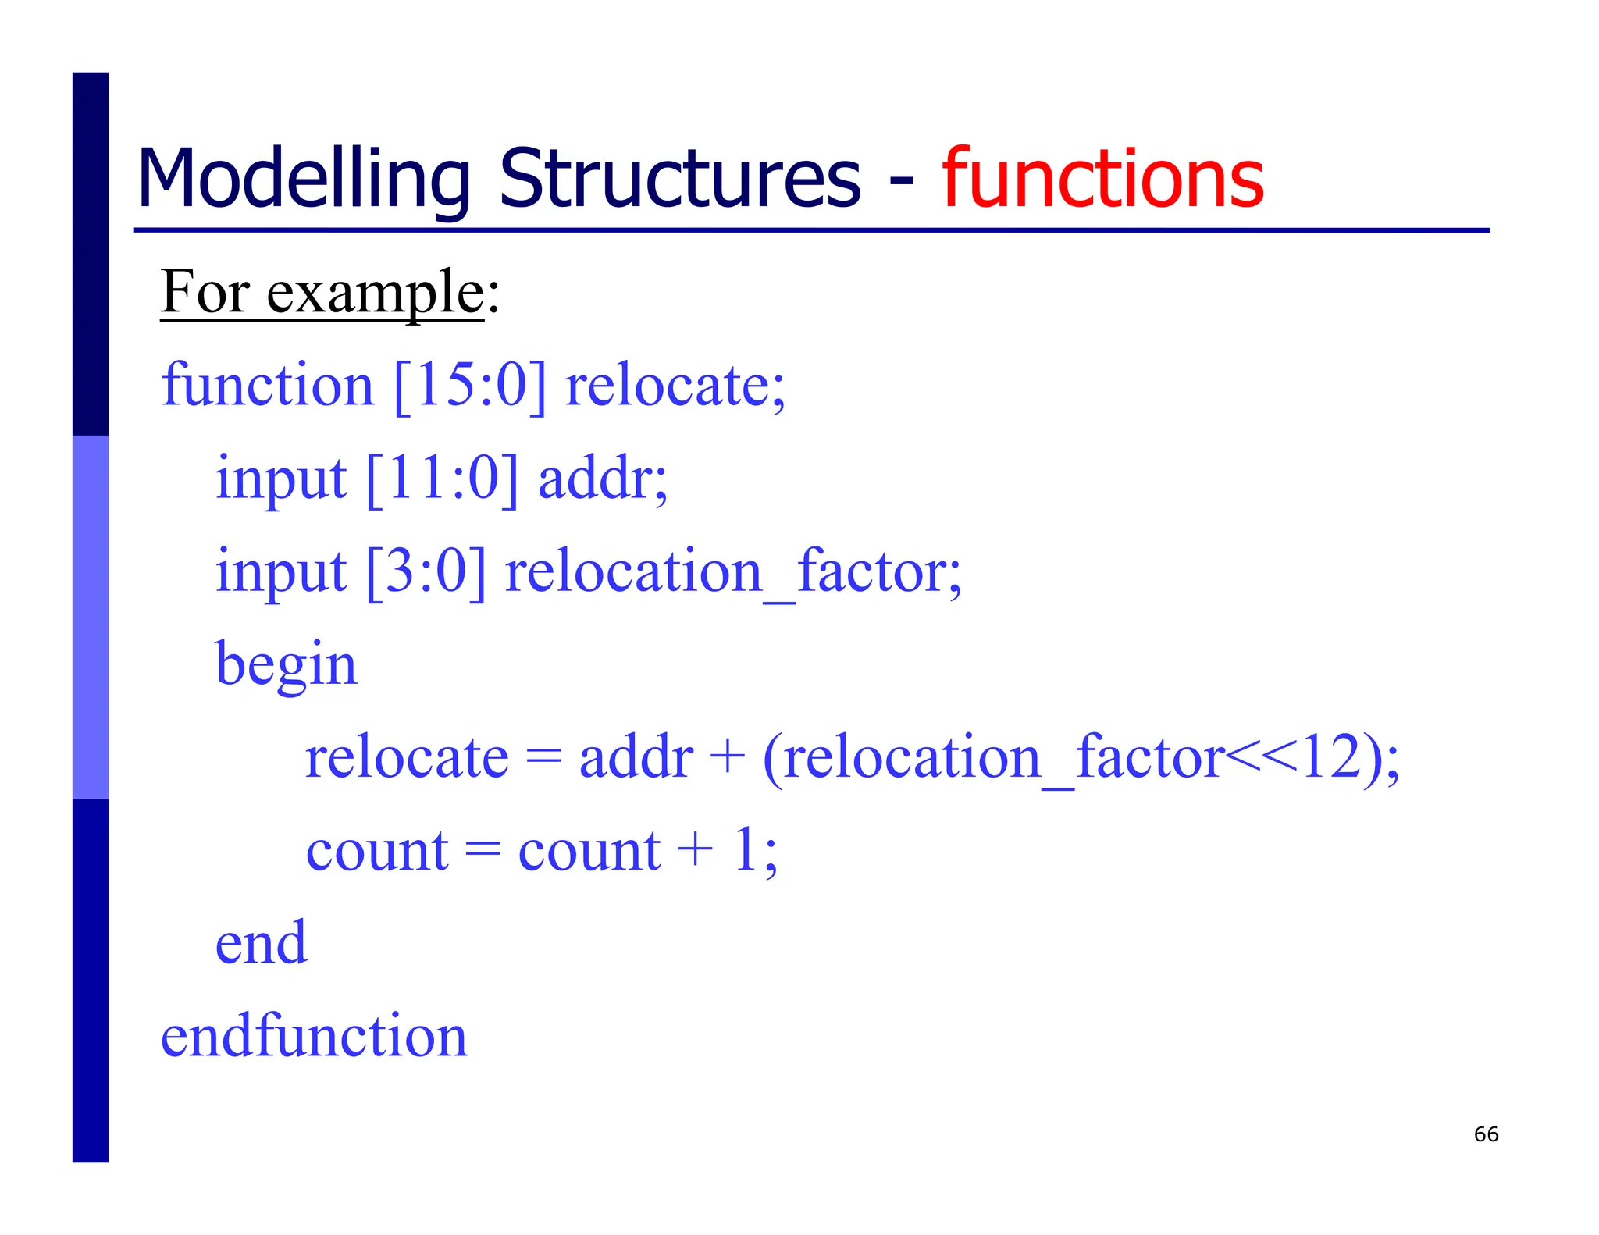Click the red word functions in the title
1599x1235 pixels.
pos(1102,180)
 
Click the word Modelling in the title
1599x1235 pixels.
pos(303,180)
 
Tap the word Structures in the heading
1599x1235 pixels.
pos(679,180)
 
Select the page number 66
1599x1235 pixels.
pos(1486,1134)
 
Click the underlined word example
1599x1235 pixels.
pos(376,293)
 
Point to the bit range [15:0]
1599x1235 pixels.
pos(469,386)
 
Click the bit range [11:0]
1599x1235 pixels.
pos(441,479)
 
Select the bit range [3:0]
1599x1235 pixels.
pos(426,571)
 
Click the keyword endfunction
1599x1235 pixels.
pos(314,1036)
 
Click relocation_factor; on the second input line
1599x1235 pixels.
pos(733,571)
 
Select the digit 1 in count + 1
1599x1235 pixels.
pos(746,849)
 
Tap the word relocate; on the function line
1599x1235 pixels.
pos(675,386)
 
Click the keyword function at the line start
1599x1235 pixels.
pos(268,386)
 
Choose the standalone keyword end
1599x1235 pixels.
pos(261,943)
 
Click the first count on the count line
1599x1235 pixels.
pos(377,851)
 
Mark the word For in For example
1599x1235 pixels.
pos(205,293)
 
